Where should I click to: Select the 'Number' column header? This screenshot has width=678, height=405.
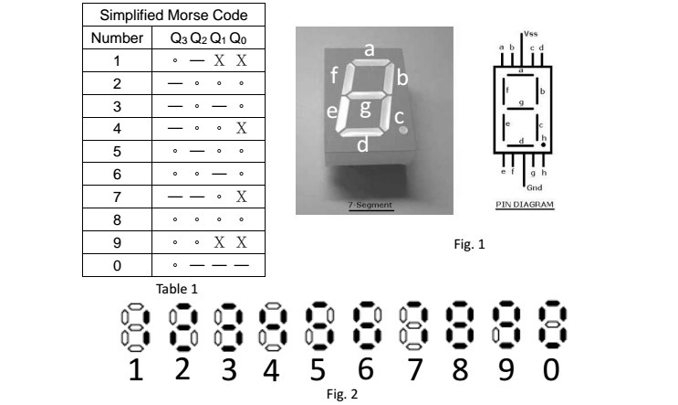(x=117, y=38)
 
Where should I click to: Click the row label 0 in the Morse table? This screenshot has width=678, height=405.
(x=117, y=266)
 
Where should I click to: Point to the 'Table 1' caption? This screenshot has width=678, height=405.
(x=177, y=289)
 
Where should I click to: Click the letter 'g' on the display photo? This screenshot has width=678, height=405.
(x=365, y=110)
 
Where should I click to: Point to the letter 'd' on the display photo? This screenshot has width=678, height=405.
(x=362, y=144)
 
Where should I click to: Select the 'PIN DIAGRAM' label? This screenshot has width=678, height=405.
(x=525, y=204)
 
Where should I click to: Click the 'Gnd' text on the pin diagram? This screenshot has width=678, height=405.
(x=531, y=183)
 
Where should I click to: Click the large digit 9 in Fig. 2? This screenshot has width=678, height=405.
(x=503, y=372)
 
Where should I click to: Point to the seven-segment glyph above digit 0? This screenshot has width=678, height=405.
(x=549, y=327)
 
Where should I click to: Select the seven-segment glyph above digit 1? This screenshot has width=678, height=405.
(x=134, y=327)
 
